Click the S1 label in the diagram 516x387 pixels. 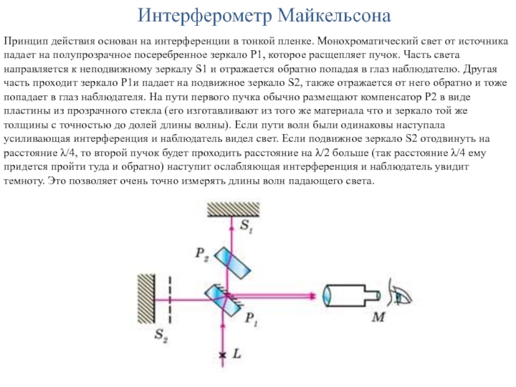[x=247, y=225]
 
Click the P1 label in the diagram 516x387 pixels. [x=252, y=317]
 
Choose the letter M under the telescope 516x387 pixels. [x=381, y=317]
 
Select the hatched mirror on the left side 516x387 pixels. [x=143, y=298]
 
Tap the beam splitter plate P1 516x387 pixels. [x=221, y=299]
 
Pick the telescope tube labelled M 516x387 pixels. [x=348, y=297]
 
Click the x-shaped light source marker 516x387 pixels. [x=223, y=355]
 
